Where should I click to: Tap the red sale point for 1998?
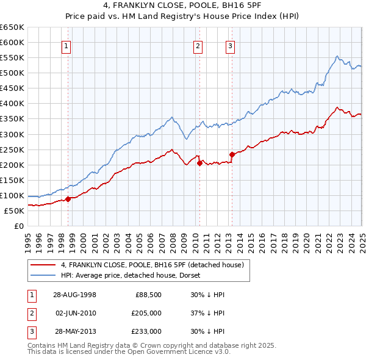68,198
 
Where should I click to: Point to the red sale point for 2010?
199,163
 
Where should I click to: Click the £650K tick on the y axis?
12,27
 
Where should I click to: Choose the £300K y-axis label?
12,134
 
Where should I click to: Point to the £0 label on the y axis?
18,226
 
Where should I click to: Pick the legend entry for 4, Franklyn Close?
152,265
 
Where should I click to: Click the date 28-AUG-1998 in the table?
74,294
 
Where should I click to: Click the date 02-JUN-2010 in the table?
74,313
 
